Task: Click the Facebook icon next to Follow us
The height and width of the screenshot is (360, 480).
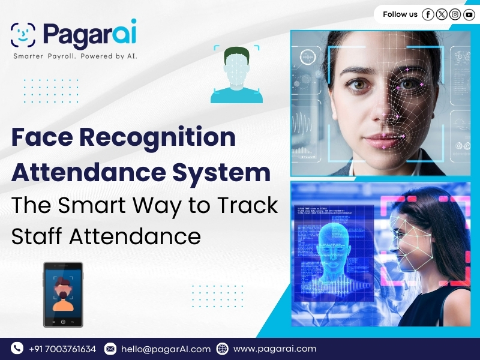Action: tap(428, 14)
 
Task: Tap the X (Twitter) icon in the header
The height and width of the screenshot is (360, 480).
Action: tap(442, 14)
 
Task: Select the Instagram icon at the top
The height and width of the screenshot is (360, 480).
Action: tap(455, 14)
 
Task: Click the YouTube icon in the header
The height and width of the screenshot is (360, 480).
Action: tap(469, 14)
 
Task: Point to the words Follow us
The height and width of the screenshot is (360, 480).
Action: tap(400, 14)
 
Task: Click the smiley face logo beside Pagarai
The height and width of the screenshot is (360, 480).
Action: tap(23, 35)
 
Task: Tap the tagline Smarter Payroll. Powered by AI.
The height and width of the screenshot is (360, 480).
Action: tap(76, 56)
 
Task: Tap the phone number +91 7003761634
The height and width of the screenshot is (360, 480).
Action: tap(62, 349)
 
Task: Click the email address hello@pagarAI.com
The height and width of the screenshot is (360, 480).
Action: tap(166, 349)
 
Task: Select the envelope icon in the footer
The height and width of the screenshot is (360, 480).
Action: tap(110, 349)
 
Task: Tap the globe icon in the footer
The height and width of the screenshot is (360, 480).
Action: tap(222, 349)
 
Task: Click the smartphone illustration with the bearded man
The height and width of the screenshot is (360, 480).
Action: tap(63, 295)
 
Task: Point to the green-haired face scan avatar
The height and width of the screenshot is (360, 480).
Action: tap(236, 75)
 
